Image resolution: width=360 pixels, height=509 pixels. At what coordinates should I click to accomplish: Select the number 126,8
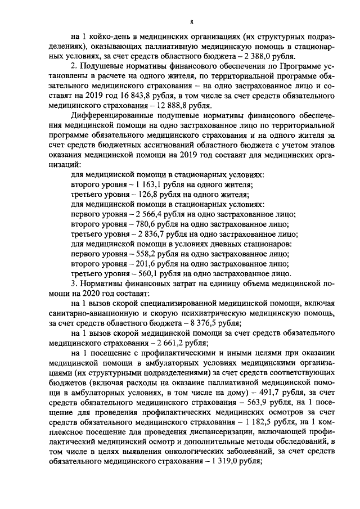tap(133, 195)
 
